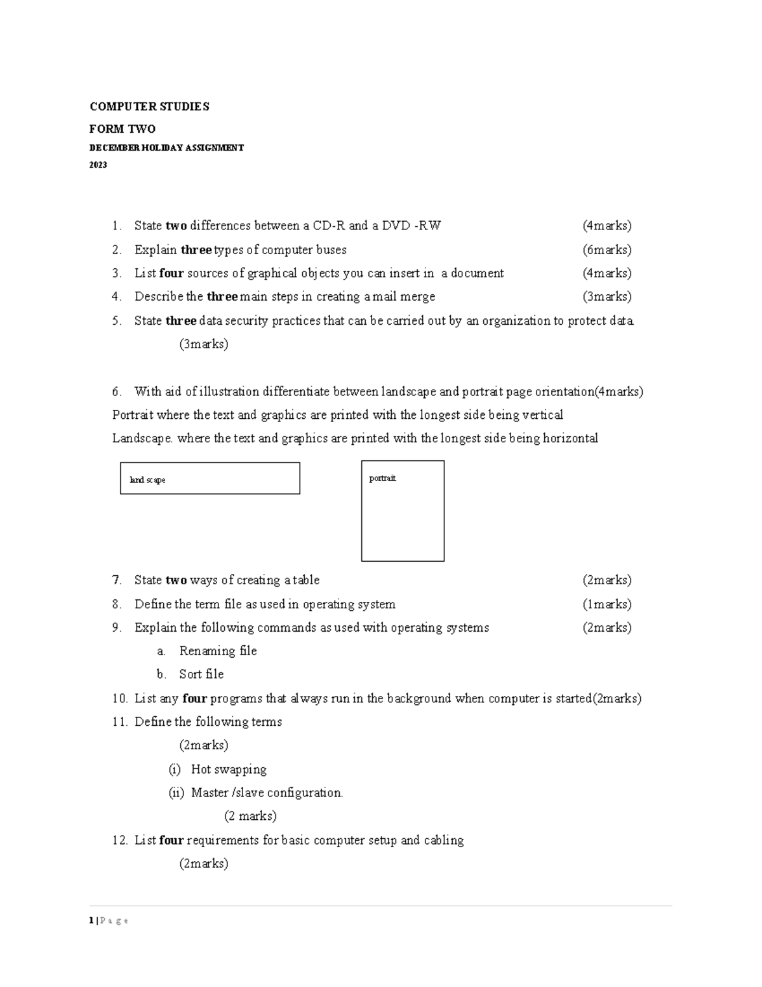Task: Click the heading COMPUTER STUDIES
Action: pyautogui.click(x=149, y=107)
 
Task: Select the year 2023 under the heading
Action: pyautogui.click(x=98, y=165)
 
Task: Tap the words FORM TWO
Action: pyautogui.click(x=123, y=129)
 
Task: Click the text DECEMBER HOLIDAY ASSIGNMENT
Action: pyautogui.click(x=166, y=148)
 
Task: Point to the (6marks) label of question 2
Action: pyautogui.click(x=607, y=250)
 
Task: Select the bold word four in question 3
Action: pyautogui.click(x=171, y=273)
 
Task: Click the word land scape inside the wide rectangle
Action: pyautogui.click(x=147, y=480)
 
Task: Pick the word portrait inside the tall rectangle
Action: pyautogui.click(x=382, y=479)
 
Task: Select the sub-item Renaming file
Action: pyautogui.click(x=218, y=651)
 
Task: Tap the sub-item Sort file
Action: pyautogui.click(x=201, y=674)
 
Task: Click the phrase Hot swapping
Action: pyautogui.click(x=229, y=770)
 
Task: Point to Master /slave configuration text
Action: pyautogui.click(x=267, y=793)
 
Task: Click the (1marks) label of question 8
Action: pyautogui.click(x=607, y=604)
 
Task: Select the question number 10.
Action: pyautogui.click(x=119, y=698)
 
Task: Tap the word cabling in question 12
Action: pyautogui.click(x=444, y=840)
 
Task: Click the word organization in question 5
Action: pyautogui.click(x=516, y=321)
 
